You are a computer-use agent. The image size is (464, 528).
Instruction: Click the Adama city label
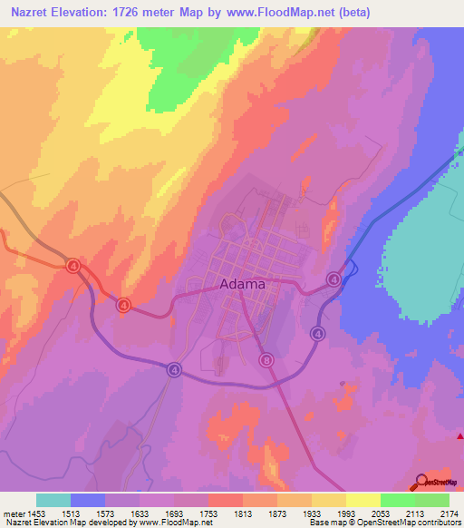243,283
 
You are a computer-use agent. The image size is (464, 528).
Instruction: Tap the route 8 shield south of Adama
266,360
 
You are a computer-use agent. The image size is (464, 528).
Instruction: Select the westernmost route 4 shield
72,265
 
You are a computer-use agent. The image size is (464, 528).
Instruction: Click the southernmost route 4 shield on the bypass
173,368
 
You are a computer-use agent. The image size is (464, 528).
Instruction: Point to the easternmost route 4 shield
334,279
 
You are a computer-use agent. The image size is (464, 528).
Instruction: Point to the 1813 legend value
243,513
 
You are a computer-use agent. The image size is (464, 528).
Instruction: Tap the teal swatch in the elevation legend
53,500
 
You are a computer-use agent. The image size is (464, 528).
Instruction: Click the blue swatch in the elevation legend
88,500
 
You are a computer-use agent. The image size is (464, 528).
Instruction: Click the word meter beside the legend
14,513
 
